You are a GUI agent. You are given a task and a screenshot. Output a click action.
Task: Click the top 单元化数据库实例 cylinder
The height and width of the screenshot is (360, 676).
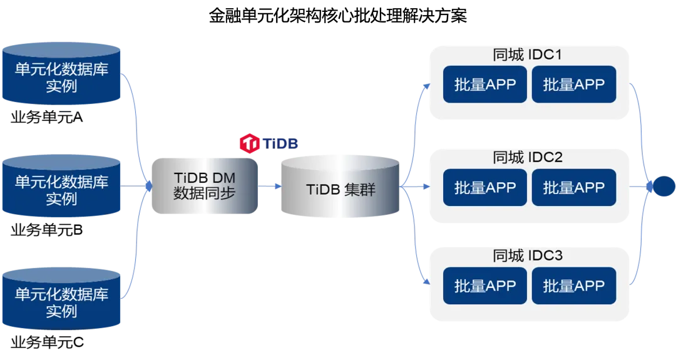(61, 75)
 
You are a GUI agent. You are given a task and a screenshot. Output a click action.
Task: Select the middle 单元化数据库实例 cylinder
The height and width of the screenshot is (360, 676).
(61, 188)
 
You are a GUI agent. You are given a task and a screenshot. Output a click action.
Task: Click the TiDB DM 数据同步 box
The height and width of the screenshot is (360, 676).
(205, 186)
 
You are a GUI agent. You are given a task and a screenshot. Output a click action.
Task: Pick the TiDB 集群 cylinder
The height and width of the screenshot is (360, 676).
(341, 188)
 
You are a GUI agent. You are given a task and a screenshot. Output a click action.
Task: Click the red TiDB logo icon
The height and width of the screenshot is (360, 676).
(250, 143)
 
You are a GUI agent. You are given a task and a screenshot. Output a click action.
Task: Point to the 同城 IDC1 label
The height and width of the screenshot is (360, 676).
(527, 55)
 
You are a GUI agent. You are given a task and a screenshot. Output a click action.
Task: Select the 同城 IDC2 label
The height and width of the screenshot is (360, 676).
(527, 157)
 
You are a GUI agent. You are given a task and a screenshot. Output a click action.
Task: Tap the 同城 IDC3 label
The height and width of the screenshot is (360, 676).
(527, 255)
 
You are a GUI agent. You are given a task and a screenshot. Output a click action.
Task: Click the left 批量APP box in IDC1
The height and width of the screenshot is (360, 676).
(485, 85)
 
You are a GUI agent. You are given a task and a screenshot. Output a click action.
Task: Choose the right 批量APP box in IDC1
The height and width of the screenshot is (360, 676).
(574, 85)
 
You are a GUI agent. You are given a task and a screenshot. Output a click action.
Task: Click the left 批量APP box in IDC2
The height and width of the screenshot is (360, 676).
(485, 187)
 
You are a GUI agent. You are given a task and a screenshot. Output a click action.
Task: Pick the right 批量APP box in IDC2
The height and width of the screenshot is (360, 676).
(574, 187)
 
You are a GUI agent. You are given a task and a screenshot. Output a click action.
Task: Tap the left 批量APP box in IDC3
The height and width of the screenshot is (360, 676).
(485, 286)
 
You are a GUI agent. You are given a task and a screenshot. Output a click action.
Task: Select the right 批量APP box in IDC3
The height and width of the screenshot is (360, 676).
(574, 286)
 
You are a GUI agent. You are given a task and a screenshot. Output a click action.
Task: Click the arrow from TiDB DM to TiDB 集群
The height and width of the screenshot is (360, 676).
(270, 187)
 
